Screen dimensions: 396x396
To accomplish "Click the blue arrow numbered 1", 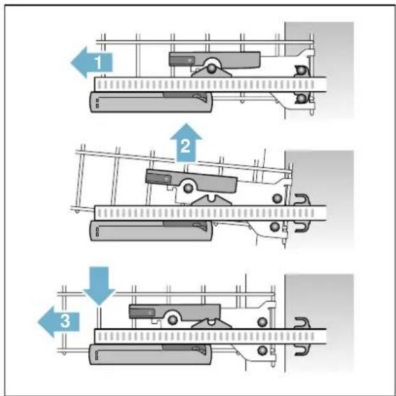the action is tap(91, 62).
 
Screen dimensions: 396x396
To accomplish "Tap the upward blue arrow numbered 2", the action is tap(186, 143).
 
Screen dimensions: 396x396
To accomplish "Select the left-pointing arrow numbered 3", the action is tap(59, 322).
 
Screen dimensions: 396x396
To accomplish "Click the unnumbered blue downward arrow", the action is tap(99, 286).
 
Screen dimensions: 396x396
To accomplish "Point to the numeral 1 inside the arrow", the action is tap(98, 63).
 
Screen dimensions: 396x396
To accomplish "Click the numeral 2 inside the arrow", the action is tap(186, 146).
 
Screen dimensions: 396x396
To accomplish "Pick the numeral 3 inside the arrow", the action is tap(65, 321).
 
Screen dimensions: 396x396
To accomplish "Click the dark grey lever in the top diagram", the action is tap(215, 59).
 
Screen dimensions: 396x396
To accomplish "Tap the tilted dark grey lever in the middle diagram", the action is tap(192, 180).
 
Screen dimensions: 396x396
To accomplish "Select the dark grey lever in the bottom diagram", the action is tap(175, 312).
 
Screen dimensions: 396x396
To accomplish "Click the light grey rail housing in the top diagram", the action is tap(151, 102).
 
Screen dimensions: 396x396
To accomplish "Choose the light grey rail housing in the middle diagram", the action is tap(151, 231).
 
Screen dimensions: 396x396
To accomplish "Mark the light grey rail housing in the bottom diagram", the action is tap(150, 354).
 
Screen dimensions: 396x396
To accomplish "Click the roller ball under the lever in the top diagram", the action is tap(211, 68).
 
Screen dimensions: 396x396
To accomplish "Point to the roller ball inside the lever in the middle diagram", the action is tap(188, 188).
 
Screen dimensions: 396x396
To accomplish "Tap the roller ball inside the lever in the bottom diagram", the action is tap(172, 320).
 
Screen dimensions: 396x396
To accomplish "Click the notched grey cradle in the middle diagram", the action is tap(211, 200).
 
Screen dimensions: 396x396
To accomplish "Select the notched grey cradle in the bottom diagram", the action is tap(211, 324).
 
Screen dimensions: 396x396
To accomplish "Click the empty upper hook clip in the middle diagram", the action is tap(302, 199).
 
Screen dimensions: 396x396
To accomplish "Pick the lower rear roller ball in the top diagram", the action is tap(301, 98).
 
